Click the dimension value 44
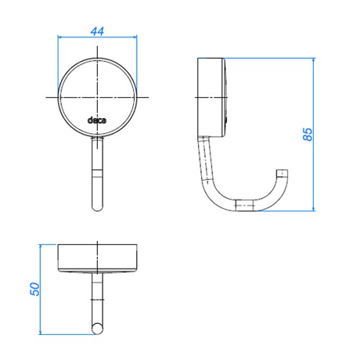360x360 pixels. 97,32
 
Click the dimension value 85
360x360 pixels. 307,134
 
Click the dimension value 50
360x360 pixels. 35,289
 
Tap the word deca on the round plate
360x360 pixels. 97,120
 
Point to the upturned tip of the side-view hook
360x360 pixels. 282,174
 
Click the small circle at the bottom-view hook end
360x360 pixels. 97,328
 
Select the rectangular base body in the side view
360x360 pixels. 211,97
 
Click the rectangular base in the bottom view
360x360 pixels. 97,258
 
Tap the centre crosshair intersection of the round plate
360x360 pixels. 97,97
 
